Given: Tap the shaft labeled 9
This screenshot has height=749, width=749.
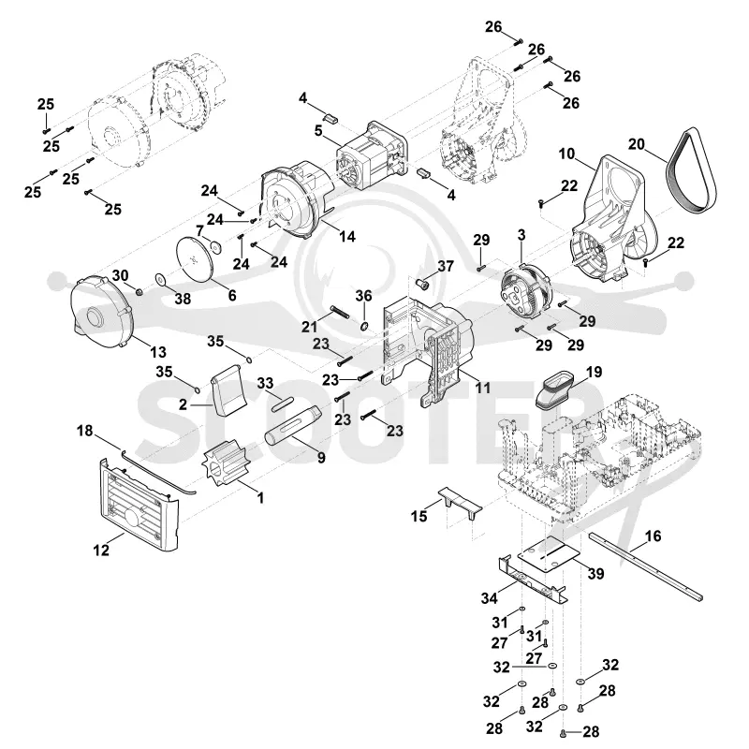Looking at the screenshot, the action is (294, 425).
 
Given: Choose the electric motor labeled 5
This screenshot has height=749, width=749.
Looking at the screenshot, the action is (373, 153).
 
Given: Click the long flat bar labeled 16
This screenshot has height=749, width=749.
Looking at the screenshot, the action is (646, 566).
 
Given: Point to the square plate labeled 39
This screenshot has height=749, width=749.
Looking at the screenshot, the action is (550, 553).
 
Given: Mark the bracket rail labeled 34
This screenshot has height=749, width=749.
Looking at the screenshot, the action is (533, 579).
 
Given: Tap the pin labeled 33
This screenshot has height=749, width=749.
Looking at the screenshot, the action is (284, 403).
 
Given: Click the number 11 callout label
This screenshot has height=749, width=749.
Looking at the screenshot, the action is (482, 388).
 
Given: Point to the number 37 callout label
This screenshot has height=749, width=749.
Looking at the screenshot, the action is (446, 266).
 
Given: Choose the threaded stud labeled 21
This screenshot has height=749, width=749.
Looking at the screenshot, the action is (339, 314).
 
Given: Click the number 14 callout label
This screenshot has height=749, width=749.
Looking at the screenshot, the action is (347, 236).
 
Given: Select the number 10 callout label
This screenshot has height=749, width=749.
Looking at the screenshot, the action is (566, 154).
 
